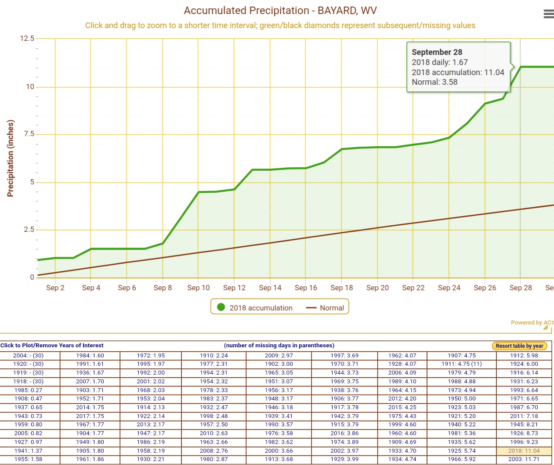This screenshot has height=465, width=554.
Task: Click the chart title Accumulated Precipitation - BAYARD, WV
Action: pyautogui.click(x=280, y=11)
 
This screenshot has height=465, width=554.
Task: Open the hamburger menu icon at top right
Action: pyautogui.click(x=548, y=14)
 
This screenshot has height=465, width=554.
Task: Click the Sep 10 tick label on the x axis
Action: pyautogui.click(x=199, y=288)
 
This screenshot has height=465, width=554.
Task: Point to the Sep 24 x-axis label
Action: pyautogui.click(x=449, y=288)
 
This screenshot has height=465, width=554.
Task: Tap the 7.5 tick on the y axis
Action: pyautogui.click(x=29, y=134)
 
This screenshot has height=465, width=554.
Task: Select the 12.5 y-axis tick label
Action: pyautogui.click(x=27, y=39)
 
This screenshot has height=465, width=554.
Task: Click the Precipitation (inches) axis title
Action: pyautogui.click(x=11, y=158)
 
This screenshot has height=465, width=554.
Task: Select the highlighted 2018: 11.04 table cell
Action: pyautogui.click(x=524, y=451)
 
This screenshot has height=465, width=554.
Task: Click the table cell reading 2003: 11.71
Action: pyautogui.click(x=524, y=459)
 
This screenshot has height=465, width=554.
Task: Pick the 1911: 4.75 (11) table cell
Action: pyautogui.click(x=461, y=364)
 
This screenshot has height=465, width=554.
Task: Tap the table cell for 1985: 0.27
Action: pyautogui.click(x=29, y=390)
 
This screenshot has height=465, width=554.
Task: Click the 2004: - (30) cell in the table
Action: pyautogui.click(x=29, y=356)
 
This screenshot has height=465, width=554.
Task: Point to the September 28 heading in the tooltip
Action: pyautogui.click(x=437, y=52)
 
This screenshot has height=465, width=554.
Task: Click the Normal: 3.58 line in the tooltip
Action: pyautogui.click(x=435, y=82)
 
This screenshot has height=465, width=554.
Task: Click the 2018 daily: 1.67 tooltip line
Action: pyautogui.click(x=439, y=62)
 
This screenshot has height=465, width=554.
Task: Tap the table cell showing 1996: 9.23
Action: pyautogui.click(x=524, y=442)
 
